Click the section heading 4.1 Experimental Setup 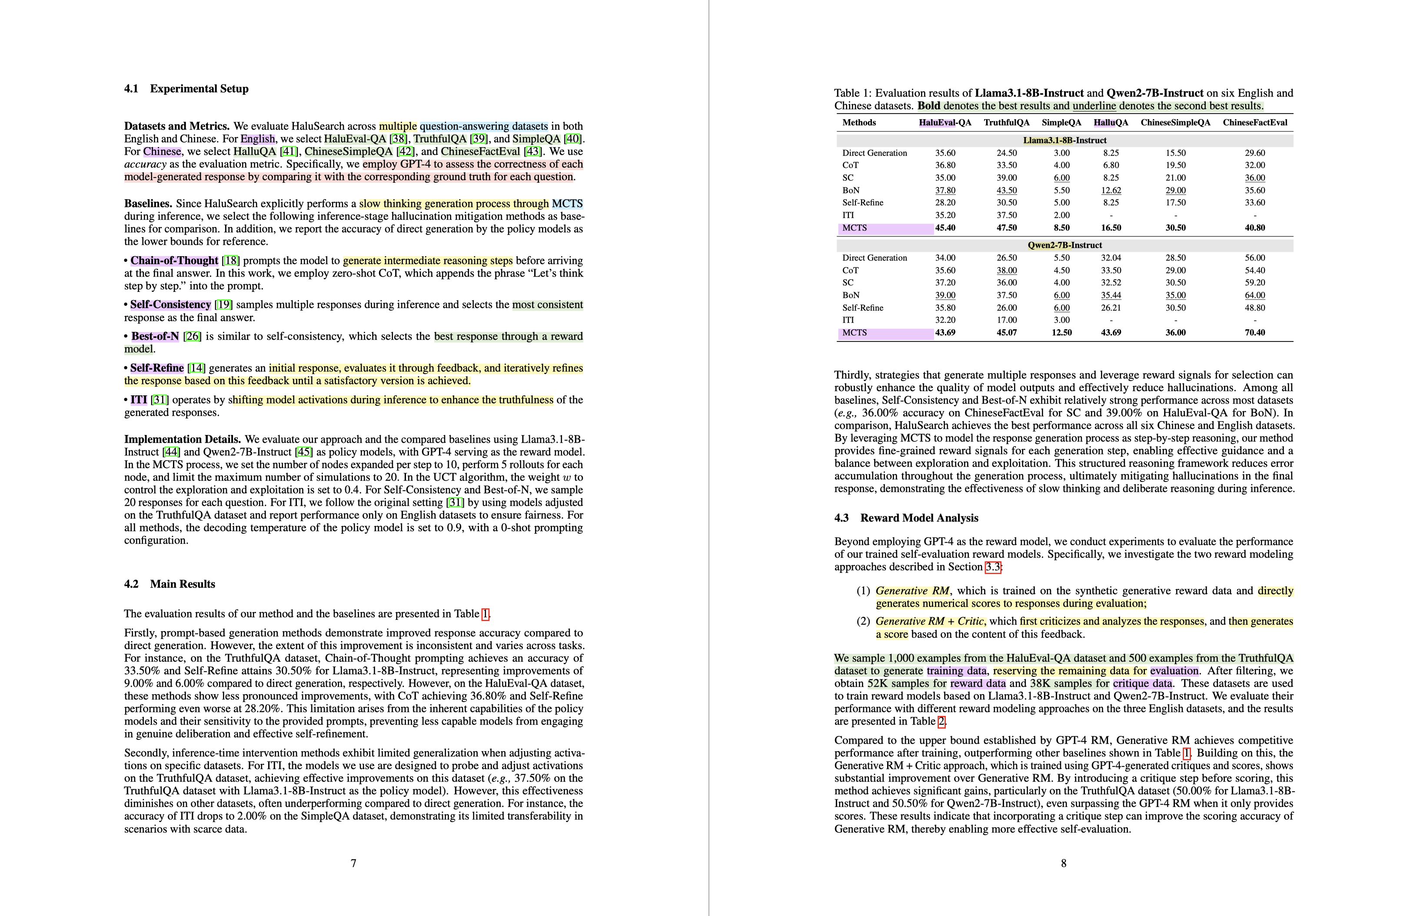pyautogui.click(x=186, y=89)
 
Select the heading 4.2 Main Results pyautogui.click(x=170, y=584)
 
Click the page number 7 pyautogui.click(x=354, y=863)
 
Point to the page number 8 pyautogui.click(x=1063, y=863)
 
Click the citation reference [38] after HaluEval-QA pyautogui.click(x=398, y=139)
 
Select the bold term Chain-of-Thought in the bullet pyautogui.click(x=174, y=261)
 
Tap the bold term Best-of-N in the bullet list pyautogui.click(x=155, y=336)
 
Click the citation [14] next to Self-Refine pyautogui.click(x=196, y=368)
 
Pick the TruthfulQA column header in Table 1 pyautogui.click(x=1006, y=123)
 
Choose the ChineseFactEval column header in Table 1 pyautogui.click(x=1255, y=123)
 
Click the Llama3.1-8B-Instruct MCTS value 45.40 pyautogui.click(x=945, y=228)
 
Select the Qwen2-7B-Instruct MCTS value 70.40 pyautogui.click(x=1255, y=332)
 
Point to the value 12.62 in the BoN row pyautogui.click(x=1110, y=191)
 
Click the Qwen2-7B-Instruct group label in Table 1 pyautogui.click(x=1064, y=245)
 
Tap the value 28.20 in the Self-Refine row pyautogui.click(x=945, y=203)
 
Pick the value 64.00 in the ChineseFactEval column pyautogui.click(x=1255, y=295)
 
